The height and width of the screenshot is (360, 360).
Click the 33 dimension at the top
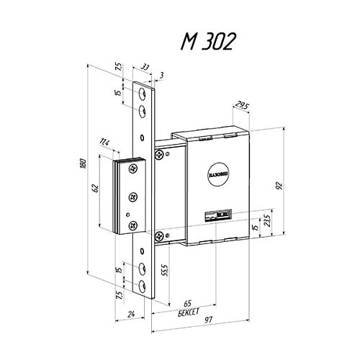(x=144, y=67)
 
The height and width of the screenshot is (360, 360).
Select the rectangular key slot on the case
(x=217, y=214)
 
